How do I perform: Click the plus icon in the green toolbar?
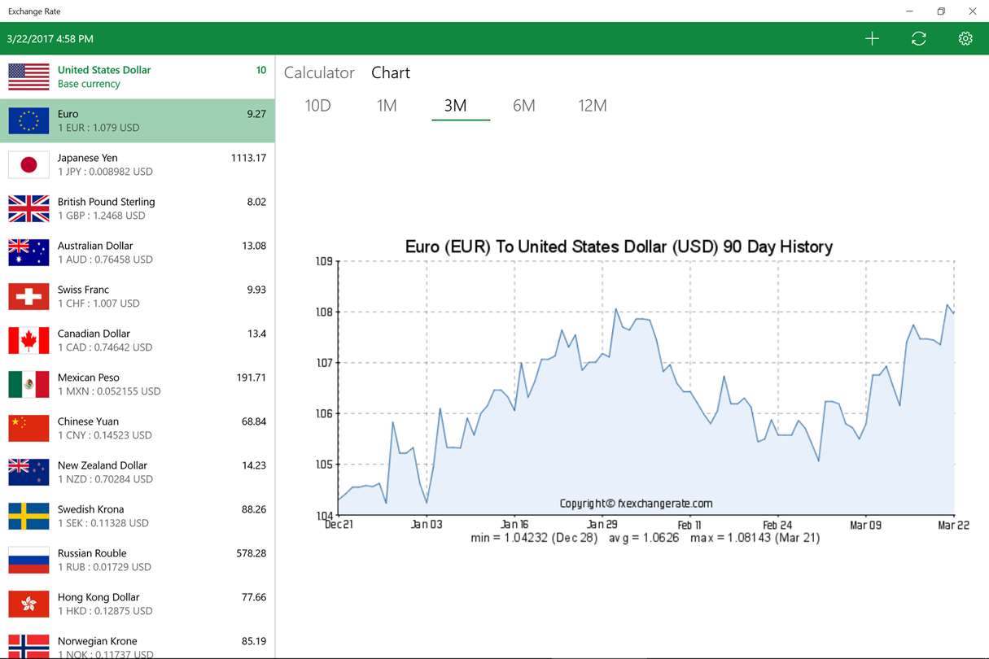pyautogui.click(x=872, y=38)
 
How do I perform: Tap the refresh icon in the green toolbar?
pyautogui.click(x=919, y=38)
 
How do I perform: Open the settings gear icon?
pyautogui.click(x=965, y=38)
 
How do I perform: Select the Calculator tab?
pyautogui.click(x=319, y=72)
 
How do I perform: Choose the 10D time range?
pyautogui.click(x=317, y=105)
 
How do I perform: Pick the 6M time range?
pyautogui.click(x=524, y=105)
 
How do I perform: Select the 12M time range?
pyautogui.click(x=593, y=105)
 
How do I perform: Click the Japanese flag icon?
pyautogui.click(x=28, y=164)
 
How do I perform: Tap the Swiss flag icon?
pyautogui.click(x=28, y=296)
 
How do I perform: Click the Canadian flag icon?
pyautogui.click(x=28, y=340)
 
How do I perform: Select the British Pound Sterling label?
pyautogui.click(x=106, y=202)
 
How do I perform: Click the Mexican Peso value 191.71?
pyautogui.click(x=250, y=378)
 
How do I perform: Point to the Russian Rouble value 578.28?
pyautogui.click(x=250, y=553)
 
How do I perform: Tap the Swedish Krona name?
pyautogui.click(x=90, y=509)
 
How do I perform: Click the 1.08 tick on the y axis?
pyautogui.click(x=324, y=312)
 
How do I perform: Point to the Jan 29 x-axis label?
pyautogui.click(x=602, y=525)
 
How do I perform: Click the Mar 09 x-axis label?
pyautogui.click(x=865, y=525)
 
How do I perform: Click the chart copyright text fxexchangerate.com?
pyautogui.click(x=636, y=504)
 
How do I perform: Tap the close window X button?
pyautogui.click(x=972, y=11)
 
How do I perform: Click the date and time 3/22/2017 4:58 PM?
pyautogui.click(x=50, y=38)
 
